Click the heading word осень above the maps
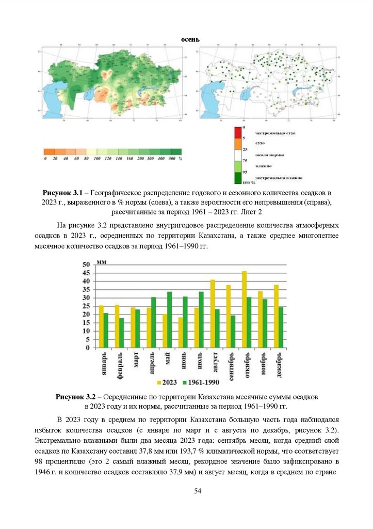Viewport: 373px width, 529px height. pos(190,40)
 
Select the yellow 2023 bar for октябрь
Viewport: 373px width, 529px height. pos(244,309)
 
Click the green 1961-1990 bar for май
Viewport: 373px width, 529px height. pos(169,320)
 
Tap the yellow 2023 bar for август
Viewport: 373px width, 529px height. pos(212,314)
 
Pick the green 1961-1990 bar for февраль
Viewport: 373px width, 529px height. pos(122,333)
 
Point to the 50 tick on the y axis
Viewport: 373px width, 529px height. pos(86,265)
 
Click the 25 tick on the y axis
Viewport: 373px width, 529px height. pos(86,306)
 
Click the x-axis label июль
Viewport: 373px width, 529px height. pos(199,363)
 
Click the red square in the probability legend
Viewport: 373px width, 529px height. pos(238,132)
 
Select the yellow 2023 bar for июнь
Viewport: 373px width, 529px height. pos(180,332)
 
